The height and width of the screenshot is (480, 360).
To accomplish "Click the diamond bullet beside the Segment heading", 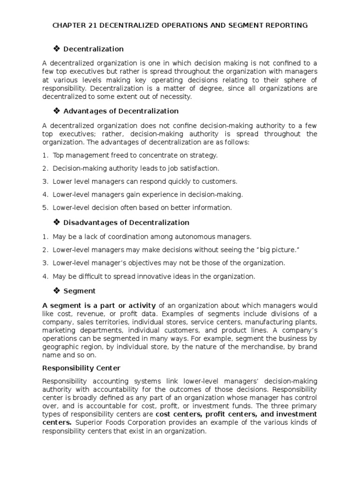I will pyautogui.click(x=57, y=291).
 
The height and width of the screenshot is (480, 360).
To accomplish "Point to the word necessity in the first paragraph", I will pyautogui.click(x=176, y=97).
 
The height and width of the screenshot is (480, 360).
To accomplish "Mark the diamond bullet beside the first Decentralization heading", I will pyautogui.click(x=57, y=49).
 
